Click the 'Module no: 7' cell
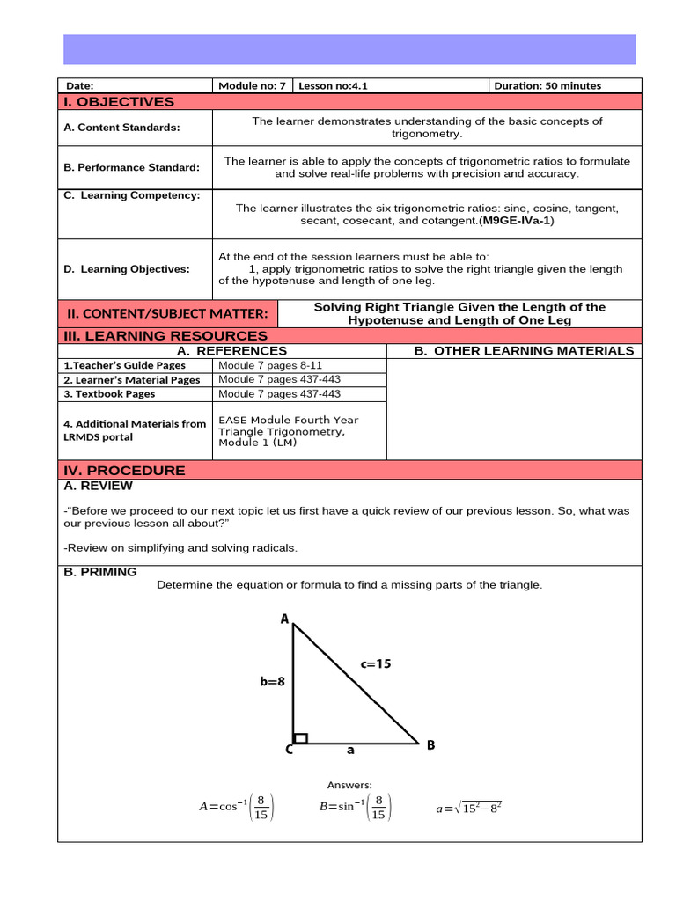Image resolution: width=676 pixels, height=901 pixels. click(252, 86)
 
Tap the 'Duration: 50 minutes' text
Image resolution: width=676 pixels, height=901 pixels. click(547, 86)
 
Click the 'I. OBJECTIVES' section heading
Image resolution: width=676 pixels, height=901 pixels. click(119, 102)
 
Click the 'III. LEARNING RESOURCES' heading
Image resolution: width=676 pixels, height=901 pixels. click(165, 336)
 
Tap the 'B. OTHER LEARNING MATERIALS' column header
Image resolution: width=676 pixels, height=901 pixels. click(524, 351)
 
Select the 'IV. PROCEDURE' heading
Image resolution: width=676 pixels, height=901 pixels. click(123, 471)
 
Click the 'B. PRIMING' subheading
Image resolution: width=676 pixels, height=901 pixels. click(100, 572)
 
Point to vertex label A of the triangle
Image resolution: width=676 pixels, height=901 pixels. click(284, 619)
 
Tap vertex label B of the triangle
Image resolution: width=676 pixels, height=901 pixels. click(430, 745)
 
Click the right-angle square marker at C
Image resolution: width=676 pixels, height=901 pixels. click(300, 737)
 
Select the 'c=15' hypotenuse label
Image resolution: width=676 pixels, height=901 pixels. click(375, 664)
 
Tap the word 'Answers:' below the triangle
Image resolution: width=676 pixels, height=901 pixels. click(349, 785)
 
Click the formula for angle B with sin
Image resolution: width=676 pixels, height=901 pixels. click(356, 808)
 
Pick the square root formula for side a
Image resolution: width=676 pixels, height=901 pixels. click(468, 808)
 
